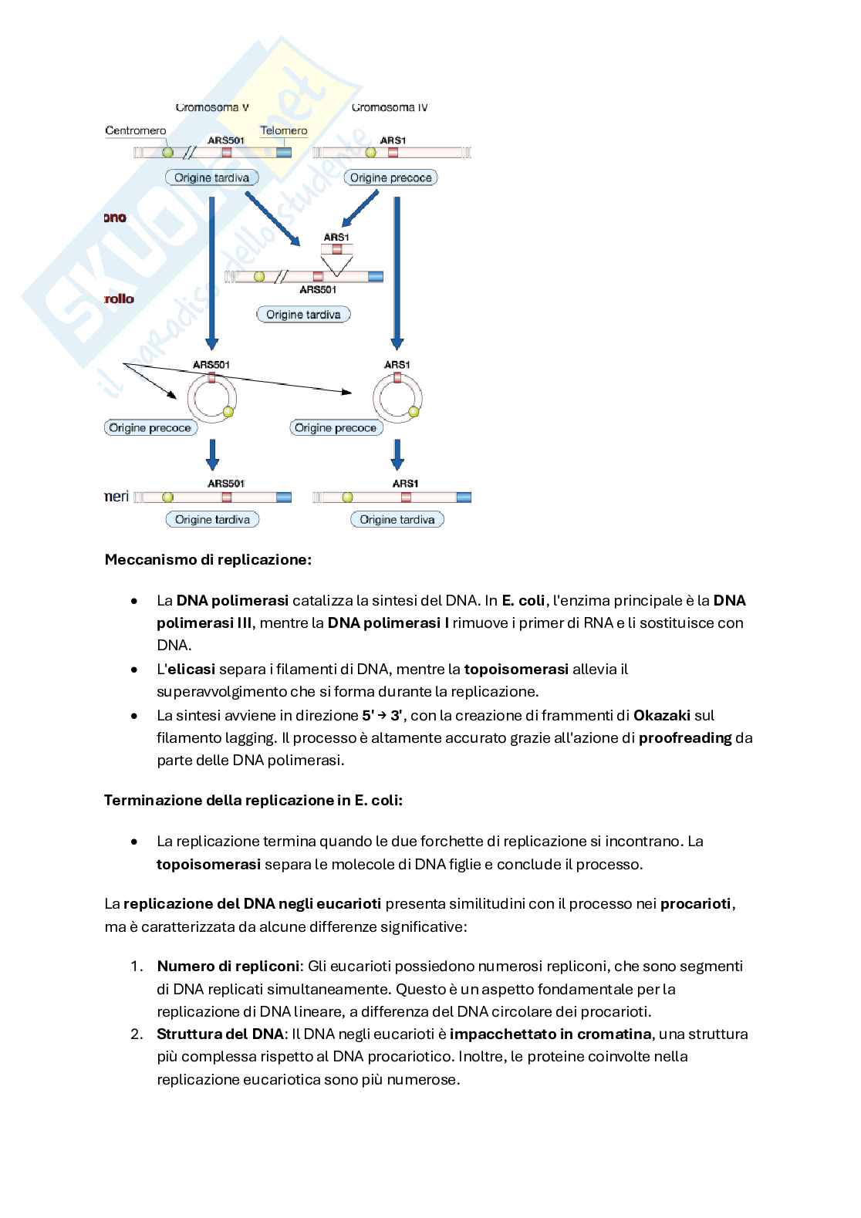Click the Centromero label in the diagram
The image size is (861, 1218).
pos(136,130)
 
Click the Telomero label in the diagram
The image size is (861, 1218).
pos(283,130)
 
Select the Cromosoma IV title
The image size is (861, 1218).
pos(390,107)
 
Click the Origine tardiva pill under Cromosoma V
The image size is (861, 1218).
pos(211,177)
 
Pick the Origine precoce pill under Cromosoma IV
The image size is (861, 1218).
pos(390,177)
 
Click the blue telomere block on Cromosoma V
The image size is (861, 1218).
pos(284,153)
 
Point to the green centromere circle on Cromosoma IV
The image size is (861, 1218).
pos(371,153)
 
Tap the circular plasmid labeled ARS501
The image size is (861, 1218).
pos(211,398)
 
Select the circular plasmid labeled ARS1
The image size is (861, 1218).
pos(397,398)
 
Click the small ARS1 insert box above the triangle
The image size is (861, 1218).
pos(337,248)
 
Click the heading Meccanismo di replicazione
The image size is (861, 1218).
pos(208,559)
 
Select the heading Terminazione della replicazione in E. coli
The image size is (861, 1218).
pos(253,800)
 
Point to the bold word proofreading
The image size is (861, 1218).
pos(685,737)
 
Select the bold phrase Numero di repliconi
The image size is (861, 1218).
pos(228,966)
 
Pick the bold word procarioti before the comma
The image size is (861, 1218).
pos(695,903)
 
